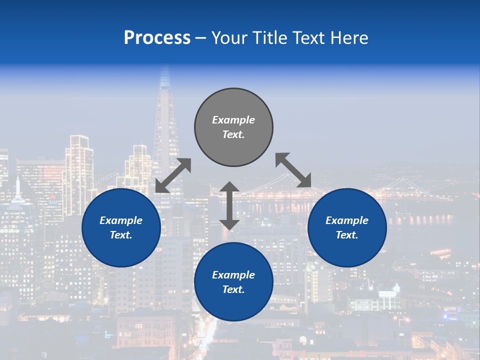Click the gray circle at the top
[233, 127]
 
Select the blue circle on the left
[121, 227]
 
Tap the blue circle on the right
[347, 227]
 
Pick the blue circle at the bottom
[233, 282]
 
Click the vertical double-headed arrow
[229, 205]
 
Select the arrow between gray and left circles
[173, 175]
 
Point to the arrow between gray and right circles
[293, 170]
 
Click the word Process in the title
[157, 38]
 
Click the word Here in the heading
[349, 38]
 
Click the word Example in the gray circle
[233, 120]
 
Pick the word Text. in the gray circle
[233, 134]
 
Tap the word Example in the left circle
[121, 220]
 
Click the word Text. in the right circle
[347, 235]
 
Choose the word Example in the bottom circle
[233, 275]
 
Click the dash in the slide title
[201, 38]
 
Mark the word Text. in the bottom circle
[233, 289]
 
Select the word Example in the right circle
[347, 220]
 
